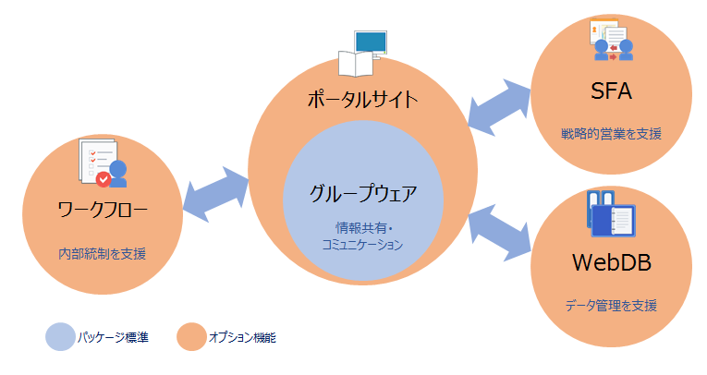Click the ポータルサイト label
pyautogui.click(x=363, y=99)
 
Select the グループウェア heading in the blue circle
pyautogui.click(x=363, y=194)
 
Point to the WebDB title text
pyautogui.click(x=611, y=263)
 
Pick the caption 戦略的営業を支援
pyautogui.click(x=611, y=134)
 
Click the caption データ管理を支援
pyautogui.click(x=611, y=306)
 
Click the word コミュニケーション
pyautogui.click(x=363, y=245)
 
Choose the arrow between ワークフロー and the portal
pyautogui.click(x=217, y=191)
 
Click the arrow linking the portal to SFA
pyautogui.click(x=500, y=103)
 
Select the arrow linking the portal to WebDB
pyautogui.click(x=500, y=232)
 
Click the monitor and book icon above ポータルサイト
pyautogui.click(x=362, y=54)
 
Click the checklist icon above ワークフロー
pyautogui.click(x=103, y=163)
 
